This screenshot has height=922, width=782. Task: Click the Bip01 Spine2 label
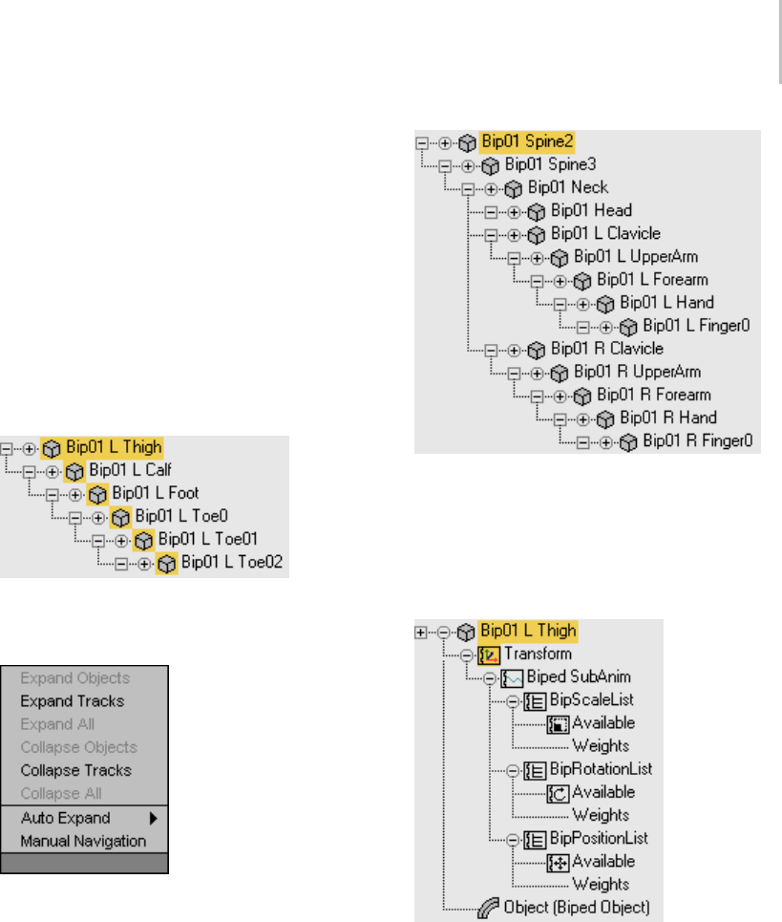528,141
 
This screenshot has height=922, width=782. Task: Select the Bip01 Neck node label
568,187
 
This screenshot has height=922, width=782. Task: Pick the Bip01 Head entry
591,210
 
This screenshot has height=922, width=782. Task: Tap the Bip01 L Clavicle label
605,233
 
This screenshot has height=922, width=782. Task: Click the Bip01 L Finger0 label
696,326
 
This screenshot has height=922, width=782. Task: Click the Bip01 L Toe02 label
232,563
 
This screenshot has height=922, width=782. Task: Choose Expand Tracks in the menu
73,701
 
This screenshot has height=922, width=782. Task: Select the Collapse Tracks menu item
76,770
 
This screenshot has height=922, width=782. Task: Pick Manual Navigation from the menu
83,841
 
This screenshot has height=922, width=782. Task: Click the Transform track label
538,654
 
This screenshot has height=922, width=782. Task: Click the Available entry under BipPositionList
603,861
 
